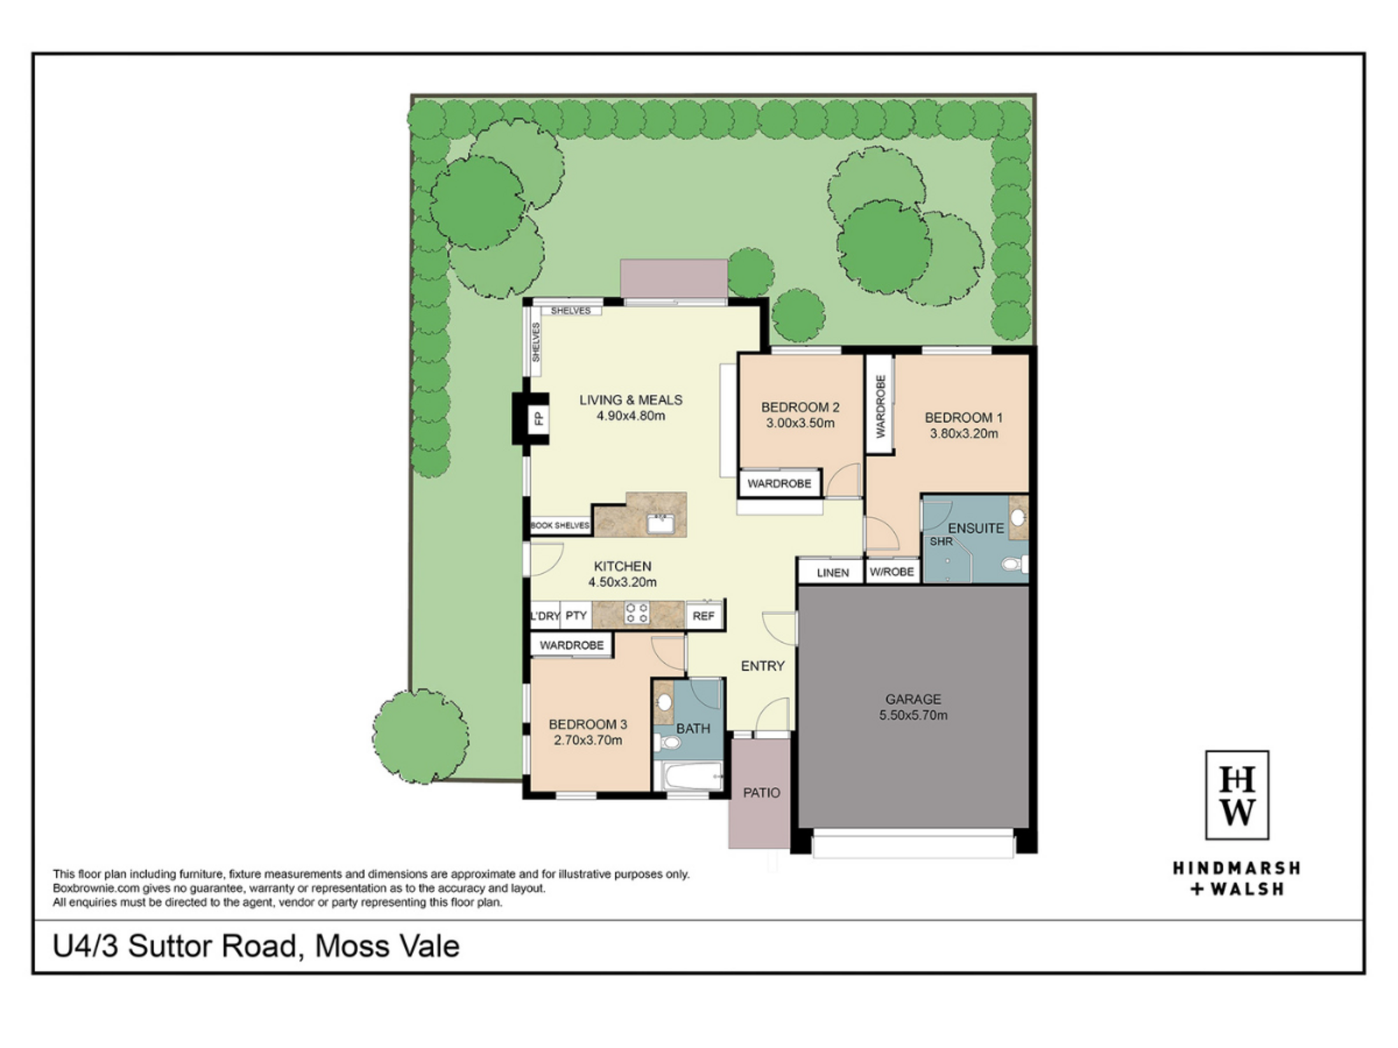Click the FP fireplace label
pyautogui.click(x=538, y=419)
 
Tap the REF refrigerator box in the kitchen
pyautogui.click(x=704, y=616)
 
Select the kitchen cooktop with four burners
pyautogui.click(x=637, y=613)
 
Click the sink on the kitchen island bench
pyautogui.click(x=660, y=523)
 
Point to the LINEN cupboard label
pyautogui.click(x=833, y=573)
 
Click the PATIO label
pyautogui.click(x=761, y=793)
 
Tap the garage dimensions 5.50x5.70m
pyautogui.click(x=913, y=715)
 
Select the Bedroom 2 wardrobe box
pyautogui.click(x=779, y=483)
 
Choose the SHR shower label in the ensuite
pyautogui.click(x=941, y=541)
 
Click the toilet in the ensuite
pyautogui.click(x=1013, y=563)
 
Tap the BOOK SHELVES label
pyautogui.click(x=560, y=525)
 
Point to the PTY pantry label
pyautogui.click(x=576, y=616)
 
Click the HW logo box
pyautogui.click(x=1237, y=795)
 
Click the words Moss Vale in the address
pyautogui.click(x=387, y=947)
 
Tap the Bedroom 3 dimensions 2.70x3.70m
pyautogui.click(x=588, y=740)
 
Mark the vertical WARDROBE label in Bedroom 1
pyautogui.click(x=880, y=406)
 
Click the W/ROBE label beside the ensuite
pyautogui.click(x=892, y=572)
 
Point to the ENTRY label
pyautogui.click(x=763, y=666)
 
